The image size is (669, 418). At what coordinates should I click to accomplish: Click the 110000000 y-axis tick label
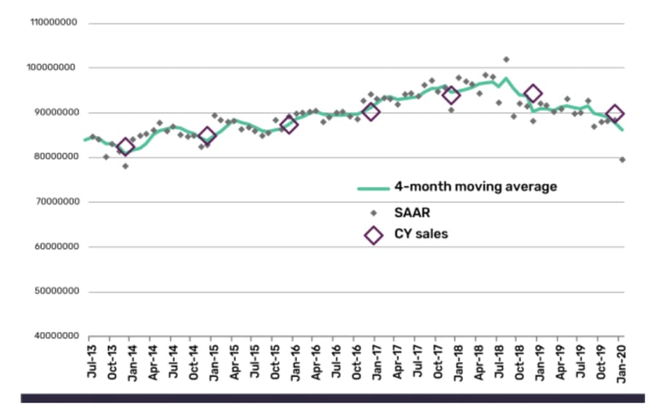pyautogui.click(x=53, y=23)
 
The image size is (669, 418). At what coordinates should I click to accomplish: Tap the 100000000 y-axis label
pyautogui.click(x=53, y=68)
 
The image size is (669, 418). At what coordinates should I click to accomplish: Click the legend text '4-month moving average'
pyautogui.click(x=476, y=187)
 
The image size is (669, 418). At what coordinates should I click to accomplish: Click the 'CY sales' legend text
pyautogui.click(x=421, y=234)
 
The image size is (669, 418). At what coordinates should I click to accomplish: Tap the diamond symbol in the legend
pyautogui.click(x=374, y=235)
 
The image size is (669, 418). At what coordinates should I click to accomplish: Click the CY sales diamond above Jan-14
pyautogui.click(x=126, y=147)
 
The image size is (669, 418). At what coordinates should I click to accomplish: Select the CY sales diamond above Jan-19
pyautogui.click(x=533, y=93)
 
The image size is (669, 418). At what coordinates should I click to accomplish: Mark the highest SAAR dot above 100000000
pyautogui.click(x=506, y=60)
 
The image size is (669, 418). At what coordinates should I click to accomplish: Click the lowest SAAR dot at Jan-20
pyautogui.click(x=622, y=159)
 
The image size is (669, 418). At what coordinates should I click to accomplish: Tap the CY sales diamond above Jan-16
pyautogui.click(x=289, y=124)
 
